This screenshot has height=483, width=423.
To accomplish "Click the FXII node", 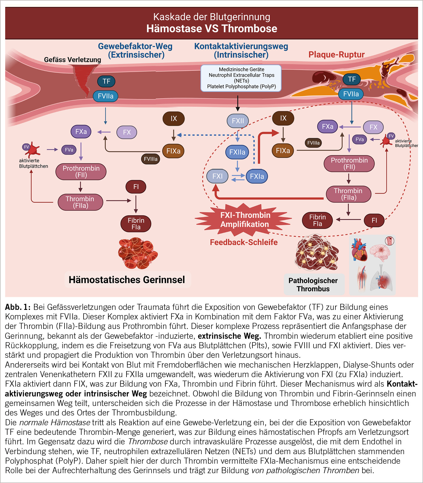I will [238, 121].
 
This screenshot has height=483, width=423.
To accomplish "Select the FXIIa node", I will [237, 152].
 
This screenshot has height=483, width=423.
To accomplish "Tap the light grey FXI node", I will [217, 176].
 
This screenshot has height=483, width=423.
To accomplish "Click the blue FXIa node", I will [257, 176].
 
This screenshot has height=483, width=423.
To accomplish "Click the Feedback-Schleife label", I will [244, 242].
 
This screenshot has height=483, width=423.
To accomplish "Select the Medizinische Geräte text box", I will [241, 78].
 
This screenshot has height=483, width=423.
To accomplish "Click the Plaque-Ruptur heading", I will [336, 55].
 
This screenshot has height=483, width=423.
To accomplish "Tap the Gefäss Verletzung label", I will [72, 60].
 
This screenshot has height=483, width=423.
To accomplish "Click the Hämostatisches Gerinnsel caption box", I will [127, 280].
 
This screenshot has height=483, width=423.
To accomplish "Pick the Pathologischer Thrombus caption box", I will [313, 284].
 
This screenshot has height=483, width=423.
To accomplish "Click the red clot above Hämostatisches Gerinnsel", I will [138, 253].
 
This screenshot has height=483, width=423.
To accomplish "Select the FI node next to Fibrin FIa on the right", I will [374, 220].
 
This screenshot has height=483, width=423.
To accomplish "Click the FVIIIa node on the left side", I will [150, 159].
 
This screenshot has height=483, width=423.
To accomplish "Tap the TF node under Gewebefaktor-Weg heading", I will [106, 81].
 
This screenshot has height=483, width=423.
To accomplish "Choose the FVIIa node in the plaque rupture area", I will [351, 94].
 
